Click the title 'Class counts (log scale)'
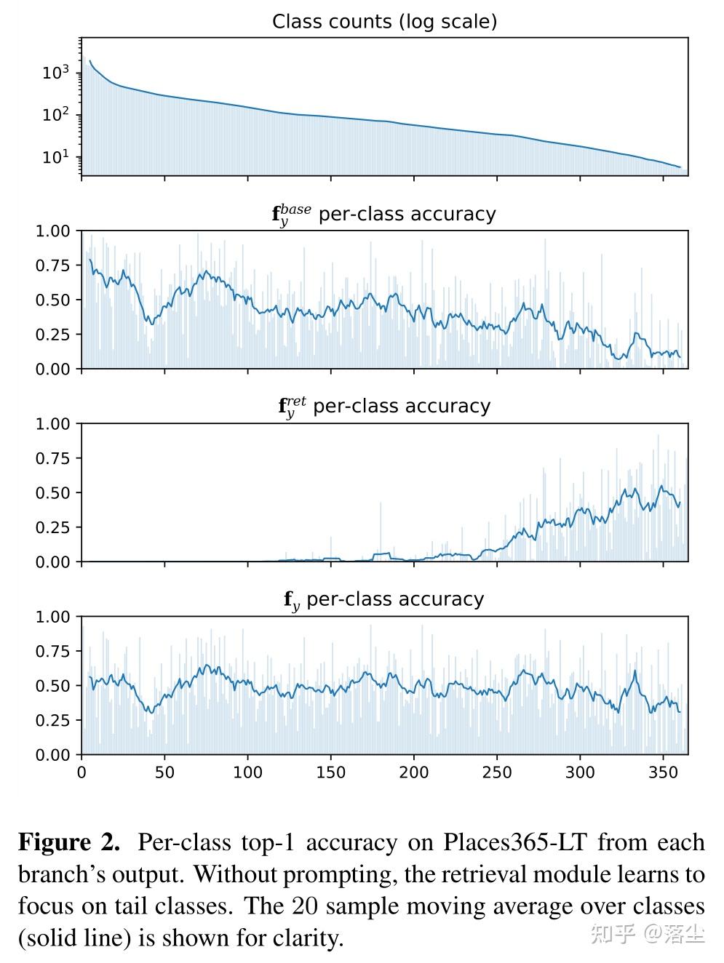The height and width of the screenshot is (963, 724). point(384,22)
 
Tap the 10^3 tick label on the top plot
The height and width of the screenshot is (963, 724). point(55,73)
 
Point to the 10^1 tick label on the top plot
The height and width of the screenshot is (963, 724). point(55,157)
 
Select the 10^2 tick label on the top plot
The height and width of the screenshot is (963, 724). point(55,115)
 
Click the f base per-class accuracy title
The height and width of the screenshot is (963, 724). point(383,215)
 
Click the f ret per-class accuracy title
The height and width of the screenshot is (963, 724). point(384,407)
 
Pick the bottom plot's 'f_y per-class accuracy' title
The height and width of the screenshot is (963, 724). point(383,600)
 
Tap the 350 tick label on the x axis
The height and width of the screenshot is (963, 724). point(663,772)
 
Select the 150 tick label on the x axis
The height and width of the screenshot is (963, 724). point(331,772)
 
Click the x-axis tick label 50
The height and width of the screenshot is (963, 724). point(164,772)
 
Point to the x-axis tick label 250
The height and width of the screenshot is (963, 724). point(497,772)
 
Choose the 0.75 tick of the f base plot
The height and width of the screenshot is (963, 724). point(53,265)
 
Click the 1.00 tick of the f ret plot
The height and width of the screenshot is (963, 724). point(53,424)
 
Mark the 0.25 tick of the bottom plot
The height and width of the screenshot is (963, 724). point(53,720)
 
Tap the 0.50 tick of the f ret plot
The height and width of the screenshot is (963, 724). point(53,493)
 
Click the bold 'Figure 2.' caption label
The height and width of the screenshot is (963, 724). point(69,842)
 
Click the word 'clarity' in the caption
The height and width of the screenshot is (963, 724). point(305,938)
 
